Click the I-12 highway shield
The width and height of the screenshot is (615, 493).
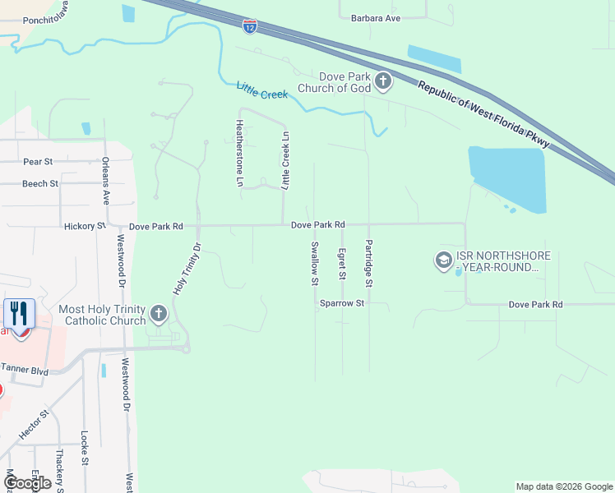click(x=250, y=26)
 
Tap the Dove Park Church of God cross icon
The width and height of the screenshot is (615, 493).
click(x=383, y=81)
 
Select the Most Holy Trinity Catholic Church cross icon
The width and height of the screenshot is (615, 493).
click(x=159, y=313)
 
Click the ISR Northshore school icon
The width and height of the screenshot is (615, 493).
click(x=443, y=261)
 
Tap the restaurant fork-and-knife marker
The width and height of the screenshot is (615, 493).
click(x=19, y=314)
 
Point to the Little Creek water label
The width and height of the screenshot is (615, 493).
click(x=262, y=90)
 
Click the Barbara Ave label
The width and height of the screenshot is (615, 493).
click(x=375, y=17)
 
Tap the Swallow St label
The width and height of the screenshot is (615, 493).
click(x=314, y=263)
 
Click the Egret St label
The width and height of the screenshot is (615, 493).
click(x=342, y=262)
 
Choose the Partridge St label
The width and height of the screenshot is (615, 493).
click(x=369, y=263)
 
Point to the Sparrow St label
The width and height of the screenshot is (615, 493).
click(x=342, y=303)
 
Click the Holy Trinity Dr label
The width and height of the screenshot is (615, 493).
click(x=186, y=269)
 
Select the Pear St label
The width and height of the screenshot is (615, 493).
click(x=38, y=162)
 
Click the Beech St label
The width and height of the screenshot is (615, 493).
click(x=40, y=183)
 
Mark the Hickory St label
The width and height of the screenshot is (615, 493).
click(x=85, y=225)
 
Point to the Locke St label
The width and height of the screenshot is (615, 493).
click(x=85, y=449)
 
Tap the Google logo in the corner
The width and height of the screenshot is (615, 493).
click(x=27, y=483)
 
